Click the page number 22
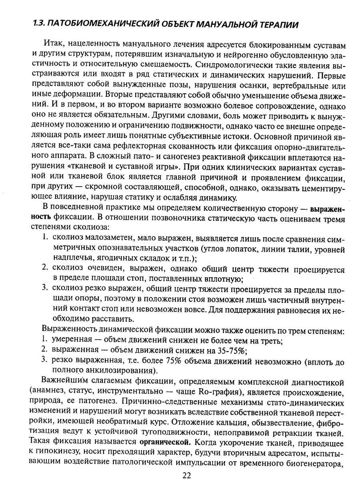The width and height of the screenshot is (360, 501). click(187, 475)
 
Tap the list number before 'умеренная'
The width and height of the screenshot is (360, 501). click(45, 340)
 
